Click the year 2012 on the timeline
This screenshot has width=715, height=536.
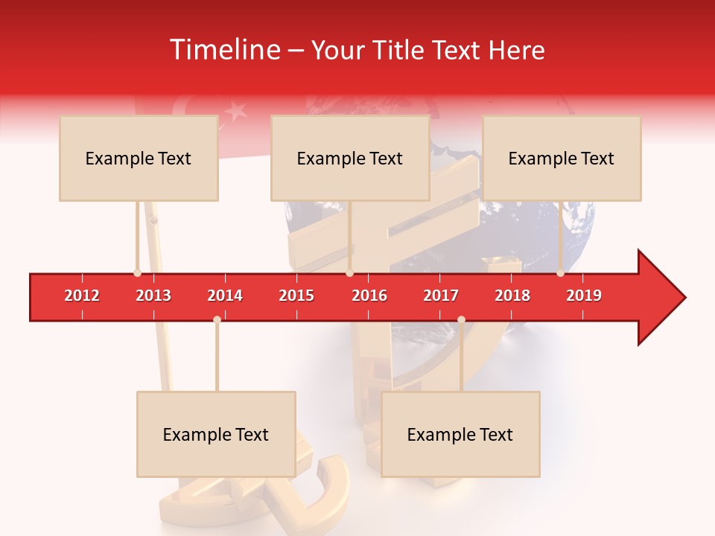[82, 296]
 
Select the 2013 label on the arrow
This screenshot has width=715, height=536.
[153, 296]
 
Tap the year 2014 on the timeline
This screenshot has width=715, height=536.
[225, 296]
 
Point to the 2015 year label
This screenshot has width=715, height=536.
[296, 296]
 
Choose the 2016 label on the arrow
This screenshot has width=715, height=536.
[369, 296]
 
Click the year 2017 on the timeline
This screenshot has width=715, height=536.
[441, 296]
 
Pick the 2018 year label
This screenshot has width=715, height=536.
[512, 296]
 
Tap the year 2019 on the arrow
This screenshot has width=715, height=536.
[584, 296]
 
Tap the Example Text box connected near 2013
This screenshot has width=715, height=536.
[139, 158]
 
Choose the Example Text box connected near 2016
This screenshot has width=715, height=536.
[350, 158]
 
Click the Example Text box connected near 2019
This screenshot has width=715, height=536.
[562, 158]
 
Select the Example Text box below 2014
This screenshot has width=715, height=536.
[216, 434]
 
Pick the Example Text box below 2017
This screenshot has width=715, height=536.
[460, 434]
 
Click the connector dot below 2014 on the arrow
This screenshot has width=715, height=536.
[217, 319]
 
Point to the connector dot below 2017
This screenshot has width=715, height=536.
[461, 319]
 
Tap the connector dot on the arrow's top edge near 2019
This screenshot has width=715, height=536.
[560, 273]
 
